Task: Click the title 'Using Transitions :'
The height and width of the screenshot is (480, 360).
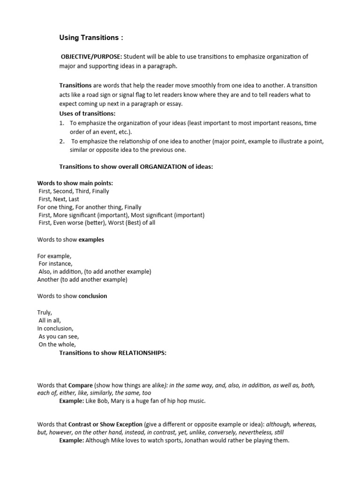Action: pos(92,37)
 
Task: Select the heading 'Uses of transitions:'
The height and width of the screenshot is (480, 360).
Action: pos(87,113)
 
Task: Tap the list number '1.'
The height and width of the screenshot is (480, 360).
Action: pos(61,123)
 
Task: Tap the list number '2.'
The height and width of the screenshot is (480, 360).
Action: pos(61,141)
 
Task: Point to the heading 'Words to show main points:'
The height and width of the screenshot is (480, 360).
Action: pos(75,183)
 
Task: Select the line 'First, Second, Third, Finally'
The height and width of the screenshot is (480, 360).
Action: pos(74,191)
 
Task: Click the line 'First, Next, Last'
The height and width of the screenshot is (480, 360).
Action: pos(59,199)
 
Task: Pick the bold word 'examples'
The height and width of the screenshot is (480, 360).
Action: pos(91,240)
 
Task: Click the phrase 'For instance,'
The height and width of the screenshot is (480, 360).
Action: pos(55,263)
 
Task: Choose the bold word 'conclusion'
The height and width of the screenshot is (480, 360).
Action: pos(93,296)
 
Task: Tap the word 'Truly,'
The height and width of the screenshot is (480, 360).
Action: pos(45,312)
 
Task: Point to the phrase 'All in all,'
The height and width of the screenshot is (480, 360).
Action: pos(50,320)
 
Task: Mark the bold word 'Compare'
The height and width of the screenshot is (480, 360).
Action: pos(81,385)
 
